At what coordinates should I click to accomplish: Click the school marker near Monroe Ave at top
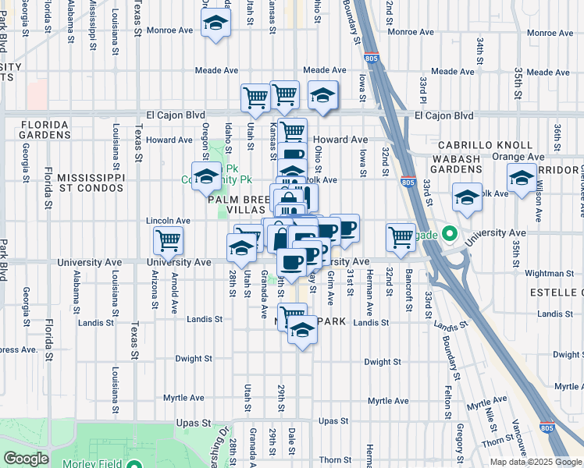coord(215,23)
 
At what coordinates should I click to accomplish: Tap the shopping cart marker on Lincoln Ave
coord(169,243)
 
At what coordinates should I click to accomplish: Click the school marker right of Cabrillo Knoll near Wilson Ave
coord(522,179)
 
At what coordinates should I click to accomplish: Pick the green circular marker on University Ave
coord(449,232)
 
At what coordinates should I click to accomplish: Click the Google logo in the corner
coord(26,459)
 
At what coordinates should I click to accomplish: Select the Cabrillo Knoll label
coord(485,145)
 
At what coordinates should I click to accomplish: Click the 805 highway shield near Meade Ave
coord(372,58)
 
